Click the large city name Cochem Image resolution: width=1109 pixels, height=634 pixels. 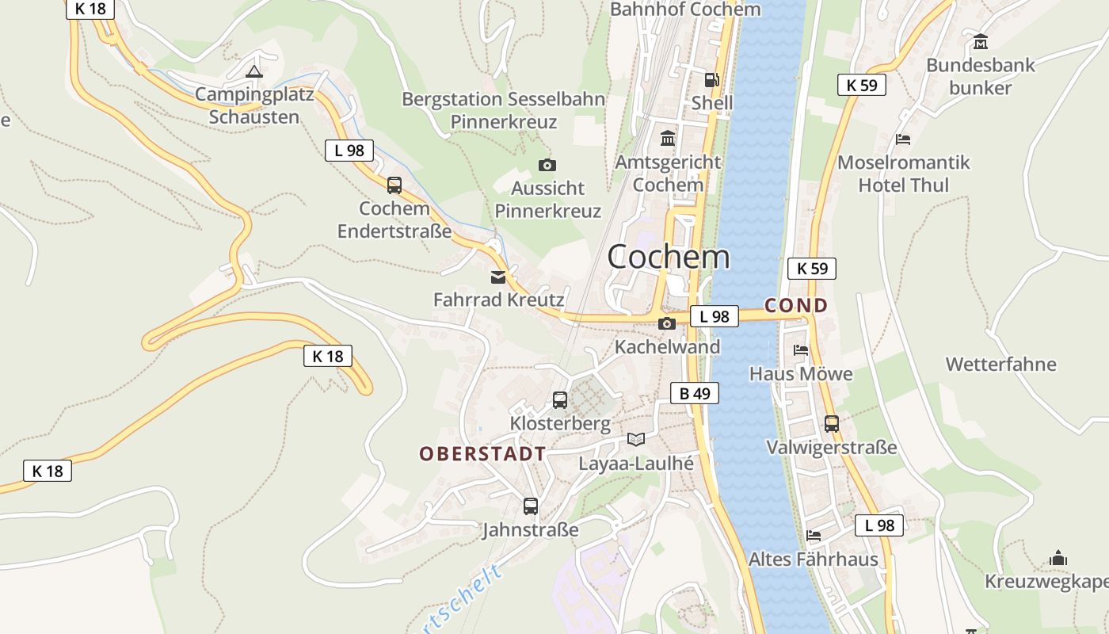tap(669, 257)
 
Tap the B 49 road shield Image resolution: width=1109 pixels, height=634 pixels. tap(695, 393)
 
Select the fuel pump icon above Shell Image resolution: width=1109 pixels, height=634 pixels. tap(712, 80)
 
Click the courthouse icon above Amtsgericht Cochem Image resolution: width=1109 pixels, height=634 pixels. tap(668, 139)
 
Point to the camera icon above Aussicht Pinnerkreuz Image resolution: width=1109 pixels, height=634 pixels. tap(547, 166)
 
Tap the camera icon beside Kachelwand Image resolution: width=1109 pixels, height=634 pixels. tap(667, 323)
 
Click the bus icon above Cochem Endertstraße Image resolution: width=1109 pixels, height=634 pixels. tap(394, 185)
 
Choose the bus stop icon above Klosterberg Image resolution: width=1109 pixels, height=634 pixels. tap(560, 400)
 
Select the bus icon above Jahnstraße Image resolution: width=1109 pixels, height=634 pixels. tap(531, 506)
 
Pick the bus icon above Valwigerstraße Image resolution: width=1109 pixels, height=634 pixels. tap(832, 424)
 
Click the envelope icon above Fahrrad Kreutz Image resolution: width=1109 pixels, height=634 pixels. tap(498, 277)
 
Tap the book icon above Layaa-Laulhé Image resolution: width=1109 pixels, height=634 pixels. tap(636, 439)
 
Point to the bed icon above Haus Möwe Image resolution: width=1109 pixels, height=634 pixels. tap(801, 350)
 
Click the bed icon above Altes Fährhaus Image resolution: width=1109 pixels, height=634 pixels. tap(814, 536)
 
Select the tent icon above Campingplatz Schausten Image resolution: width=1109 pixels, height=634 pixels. tap(253, 72)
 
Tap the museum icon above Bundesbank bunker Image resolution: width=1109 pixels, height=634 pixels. tap(981, 41)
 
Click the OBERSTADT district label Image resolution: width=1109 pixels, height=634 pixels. tap(482, 454)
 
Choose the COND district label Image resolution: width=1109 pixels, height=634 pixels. tap(796, 306)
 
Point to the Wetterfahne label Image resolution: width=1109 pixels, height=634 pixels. tap(1000, 365)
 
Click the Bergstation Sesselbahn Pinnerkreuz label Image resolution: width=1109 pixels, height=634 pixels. tap(504, 111)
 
